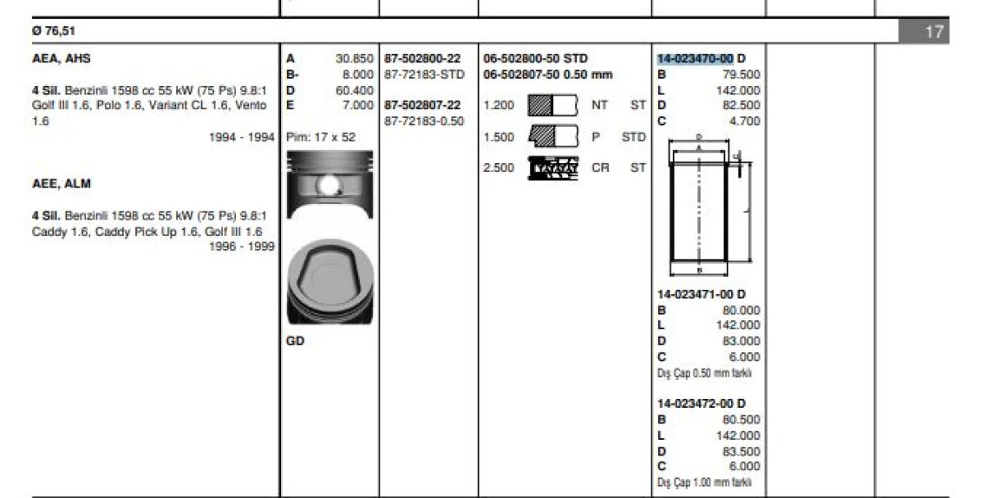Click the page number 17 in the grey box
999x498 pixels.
[933, 32]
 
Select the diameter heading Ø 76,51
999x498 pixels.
[54, 30]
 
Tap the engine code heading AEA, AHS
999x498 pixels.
[62, 59]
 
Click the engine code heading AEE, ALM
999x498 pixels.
[62, 184]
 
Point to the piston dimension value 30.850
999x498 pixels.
[354, 59]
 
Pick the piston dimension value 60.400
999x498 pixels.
[354, 90]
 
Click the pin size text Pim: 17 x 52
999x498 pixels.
[321, 137]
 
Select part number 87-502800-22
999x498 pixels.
[422, 59]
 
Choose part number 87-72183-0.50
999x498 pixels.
[424, 121]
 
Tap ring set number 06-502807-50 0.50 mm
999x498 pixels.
[548, 75]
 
